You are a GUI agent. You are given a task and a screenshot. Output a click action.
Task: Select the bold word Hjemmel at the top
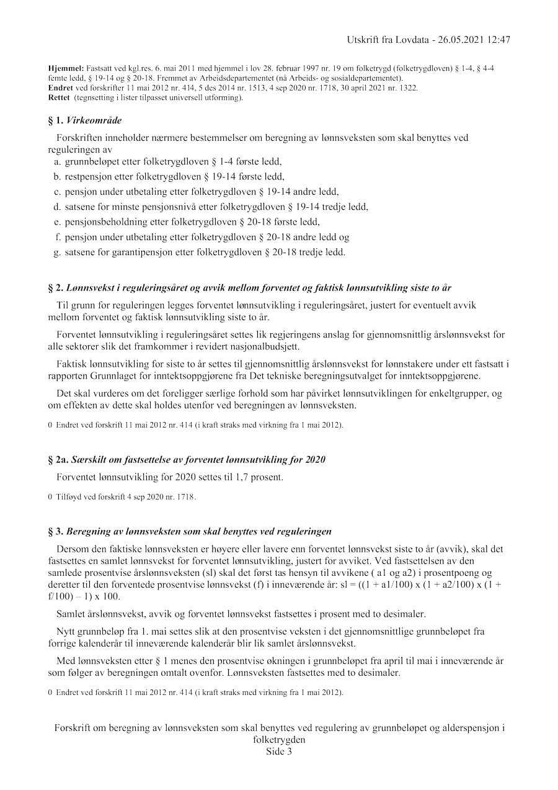64,68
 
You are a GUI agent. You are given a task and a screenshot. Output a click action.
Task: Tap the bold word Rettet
59,97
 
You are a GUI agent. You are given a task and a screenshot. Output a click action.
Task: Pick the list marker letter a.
57,161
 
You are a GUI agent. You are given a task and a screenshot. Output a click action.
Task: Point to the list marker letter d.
57,207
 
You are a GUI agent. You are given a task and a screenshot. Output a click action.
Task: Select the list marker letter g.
57,252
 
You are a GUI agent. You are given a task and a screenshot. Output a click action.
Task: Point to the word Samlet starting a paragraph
71,614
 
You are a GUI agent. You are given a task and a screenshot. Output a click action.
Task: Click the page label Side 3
279,752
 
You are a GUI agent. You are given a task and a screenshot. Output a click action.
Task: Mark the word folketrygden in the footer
279,740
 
